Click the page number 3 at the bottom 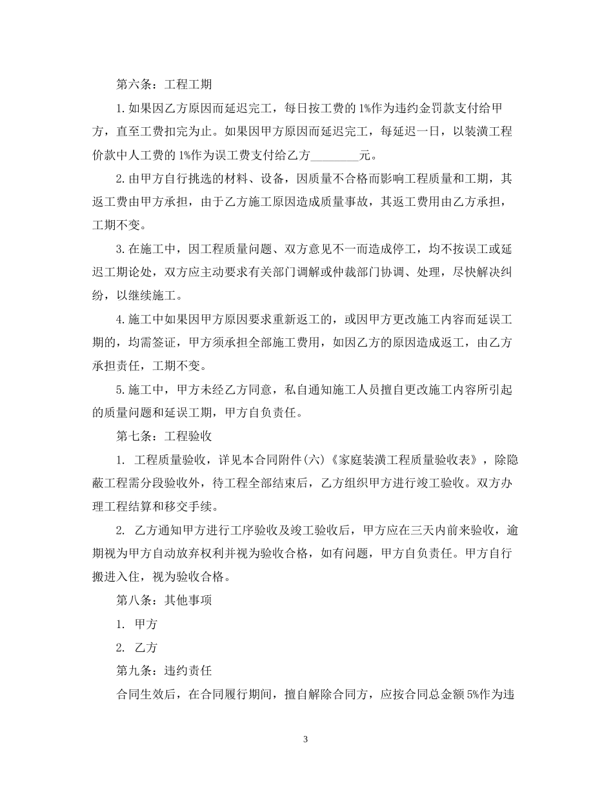306,739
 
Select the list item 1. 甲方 137,624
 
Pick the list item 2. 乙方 137,647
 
